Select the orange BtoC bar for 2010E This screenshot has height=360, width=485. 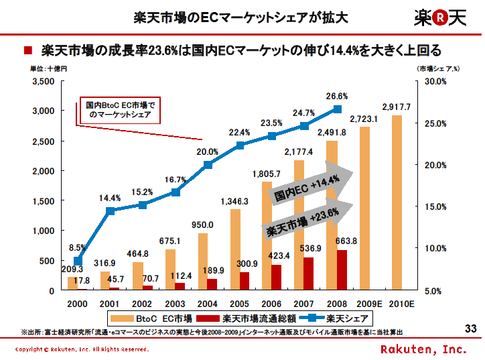[x=397, y=202]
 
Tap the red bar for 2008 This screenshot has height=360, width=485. [x=342, y=270]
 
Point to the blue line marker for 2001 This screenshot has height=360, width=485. [x=110, y=211]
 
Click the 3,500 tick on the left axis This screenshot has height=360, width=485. [x=44, y=81]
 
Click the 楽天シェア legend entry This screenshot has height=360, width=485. [x=335, y=318]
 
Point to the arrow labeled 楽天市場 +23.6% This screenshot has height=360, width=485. [x=305, y=223]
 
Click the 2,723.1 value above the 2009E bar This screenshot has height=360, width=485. [x=364, y=119]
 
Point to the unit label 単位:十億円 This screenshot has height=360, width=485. [x=48, y=68]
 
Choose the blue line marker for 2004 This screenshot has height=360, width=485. [x=208, y=164]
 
